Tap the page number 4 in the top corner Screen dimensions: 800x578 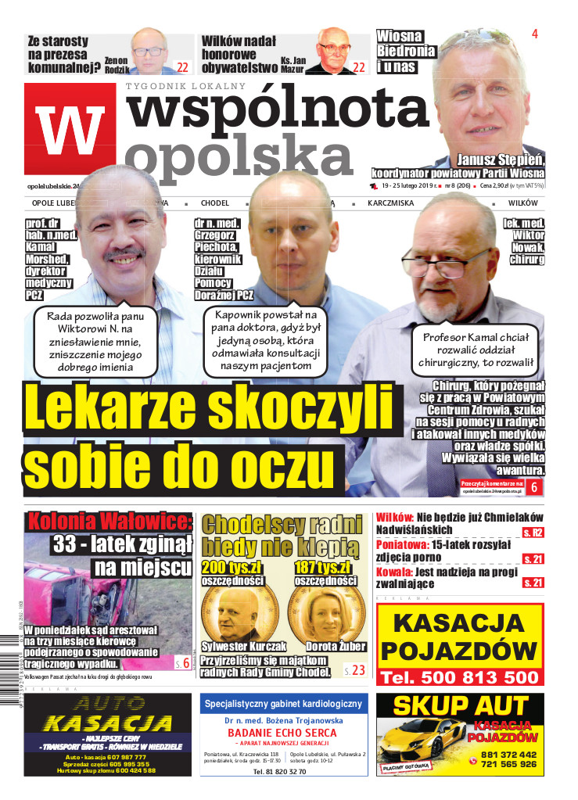pyautogui.click(x=535, y=34)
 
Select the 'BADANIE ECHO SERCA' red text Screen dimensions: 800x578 pyautogui.click(x=280, y=732)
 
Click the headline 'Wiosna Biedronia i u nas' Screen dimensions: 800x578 pyautogui.click(x=404, y=51)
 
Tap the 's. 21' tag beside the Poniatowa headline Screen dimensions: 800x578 pyautogui.click(x=533, y=558)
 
